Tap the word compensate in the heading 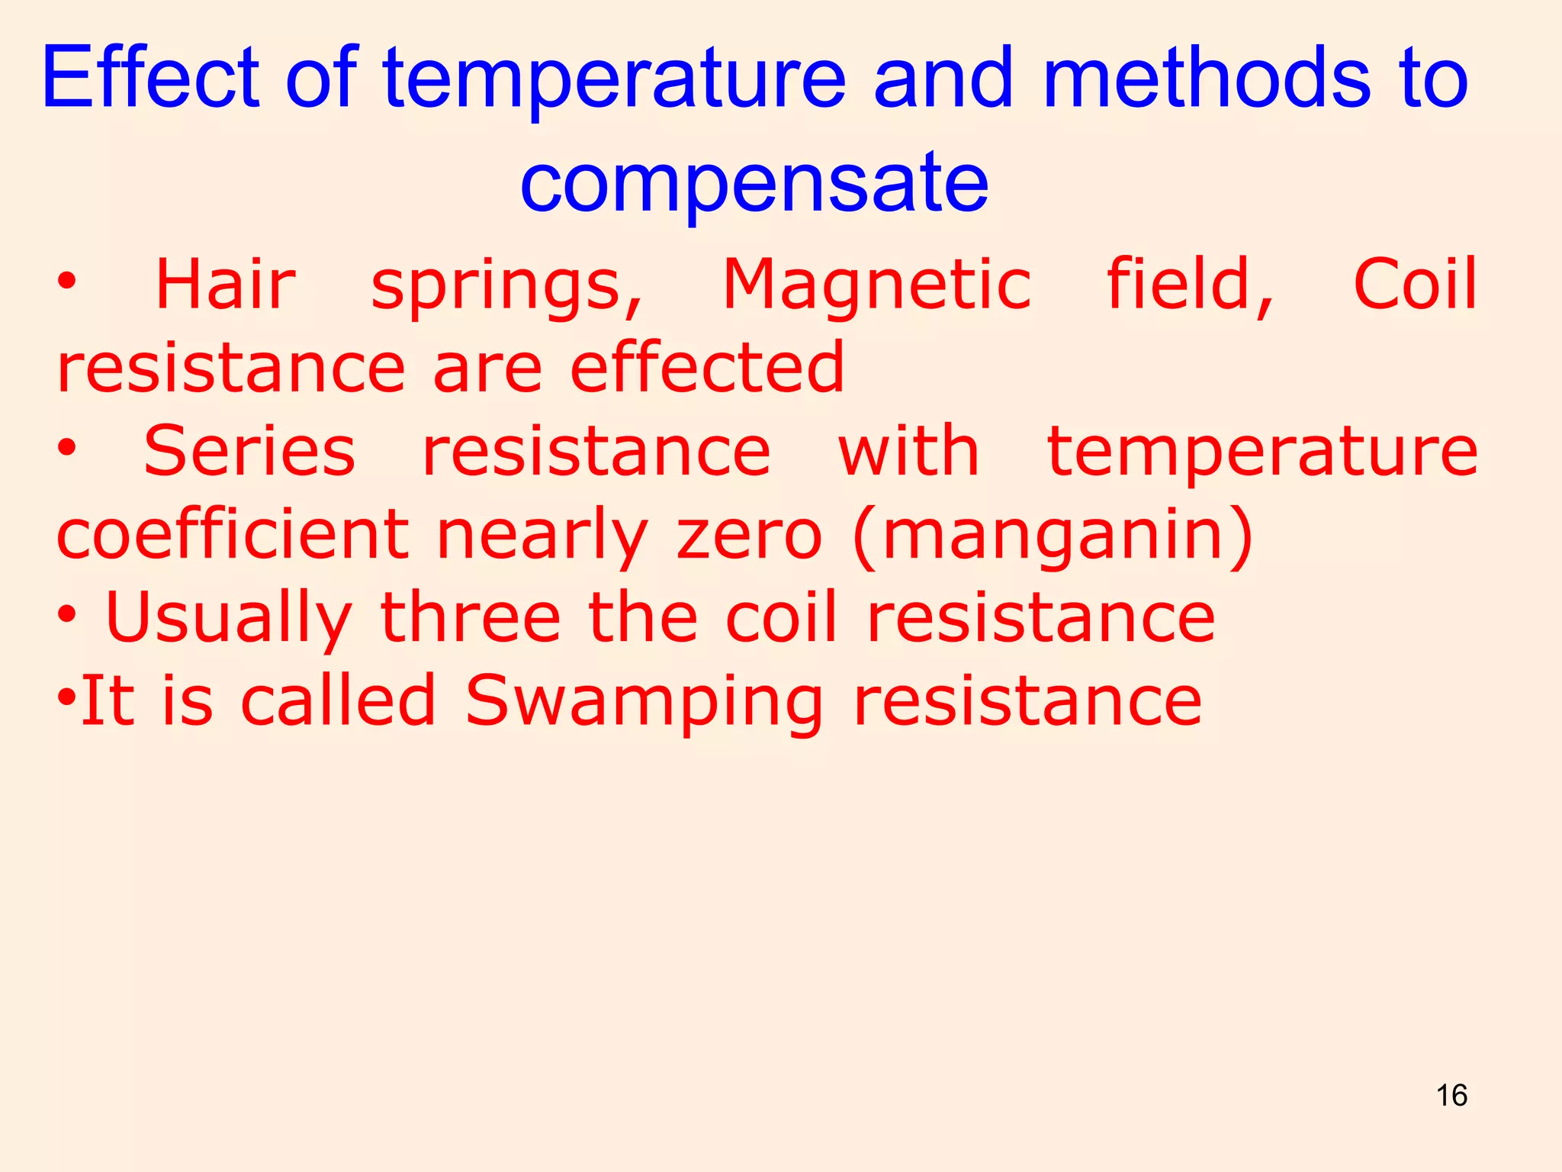754,182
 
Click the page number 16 1451,1096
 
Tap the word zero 750,536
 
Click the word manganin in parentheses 1053,536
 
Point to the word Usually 228,619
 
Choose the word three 470,617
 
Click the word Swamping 644,702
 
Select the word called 338,700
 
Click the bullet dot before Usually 67,616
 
